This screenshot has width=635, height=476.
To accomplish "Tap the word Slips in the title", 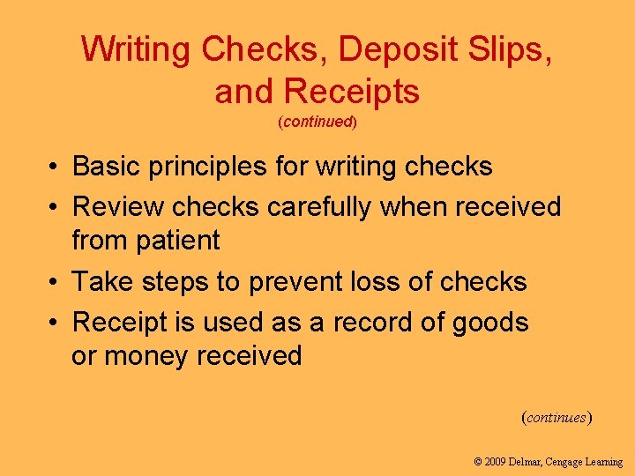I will (x=512, y=50).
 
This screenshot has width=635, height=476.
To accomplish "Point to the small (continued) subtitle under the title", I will (x=317, y=123).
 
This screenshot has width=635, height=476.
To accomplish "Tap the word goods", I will (x=489, y=324).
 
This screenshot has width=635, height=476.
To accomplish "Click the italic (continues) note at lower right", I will (x=557, y=417).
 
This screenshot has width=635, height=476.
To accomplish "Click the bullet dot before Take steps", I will (x=55, y=282).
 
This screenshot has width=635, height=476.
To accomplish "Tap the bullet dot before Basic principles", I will (x=55, y=167).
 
